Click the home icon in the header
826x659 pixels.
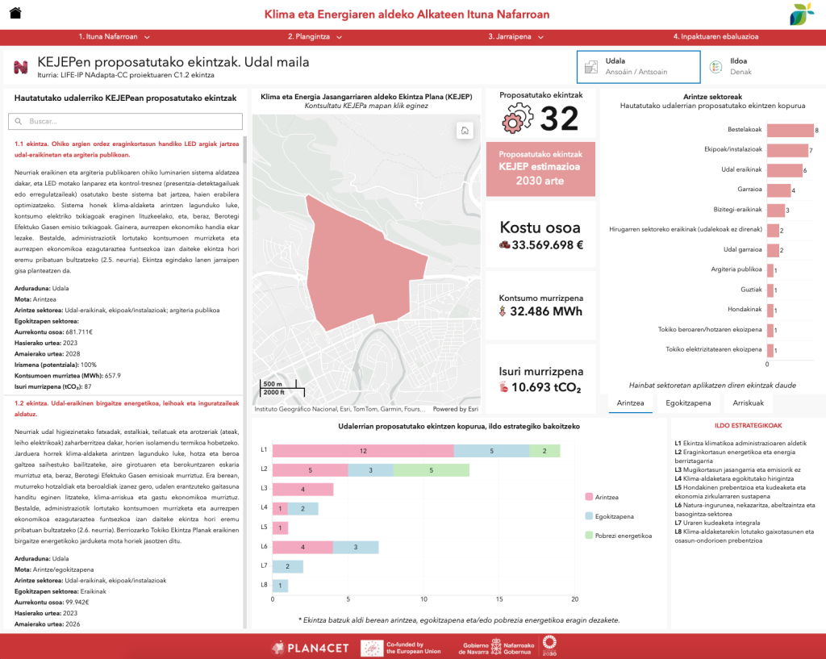(x=15, y=14)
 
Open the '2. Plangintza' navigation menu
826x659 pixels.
(x=315, y=36)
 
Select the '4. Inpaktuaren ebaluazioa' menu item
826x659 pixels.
(x=715, y=36)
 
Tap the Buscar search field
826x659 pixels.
(x=125, y=121)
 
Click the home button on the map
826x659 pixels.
(x=464, y=131)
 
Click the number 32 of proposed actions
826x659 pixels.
(x=559, y=119)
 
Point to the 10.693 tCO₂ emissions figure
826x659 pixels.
(x=540, y=388)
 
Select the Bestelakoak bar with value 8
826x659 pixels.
(x=790, y=131)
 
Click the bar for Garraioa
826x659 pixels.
(x=778, y=190)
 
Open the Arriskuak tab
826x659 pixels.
(x=748, y=402)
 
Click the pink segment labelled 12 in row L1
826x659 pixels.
(x=363, y=450)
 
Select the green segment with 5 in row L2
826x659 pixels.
(x=432, y=469)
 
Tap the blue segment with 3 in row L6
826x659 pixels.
(x=356, y=548)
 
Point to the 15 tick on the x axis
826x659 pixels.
(x=499, y=599)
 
